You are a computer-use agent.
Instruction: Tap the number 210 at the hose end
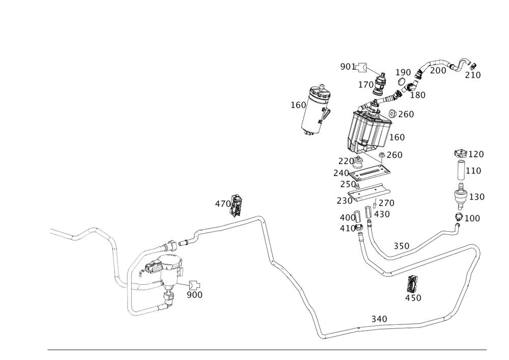pos(473,75)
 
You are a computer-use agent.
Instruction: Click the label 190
pos(403,72)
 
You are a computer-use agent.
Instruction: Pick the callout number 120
pos(475,154)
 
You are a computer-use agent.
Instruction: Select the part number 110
pos(474,171)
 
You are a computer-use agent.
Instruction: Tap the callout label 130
pos(476,197)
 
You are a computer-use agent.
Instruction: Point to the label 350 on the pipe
pos(402,246)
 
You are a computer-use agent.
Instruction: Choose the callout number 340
pos(379,319)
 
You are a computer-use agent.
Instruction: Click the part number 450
pos(413,298)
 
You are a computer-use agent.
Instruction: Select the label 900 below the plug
pos(194,294)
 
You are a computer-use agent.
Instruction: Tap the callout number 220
pos(346,161)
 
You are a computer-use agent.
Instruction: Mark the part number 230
pos(344,201)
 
